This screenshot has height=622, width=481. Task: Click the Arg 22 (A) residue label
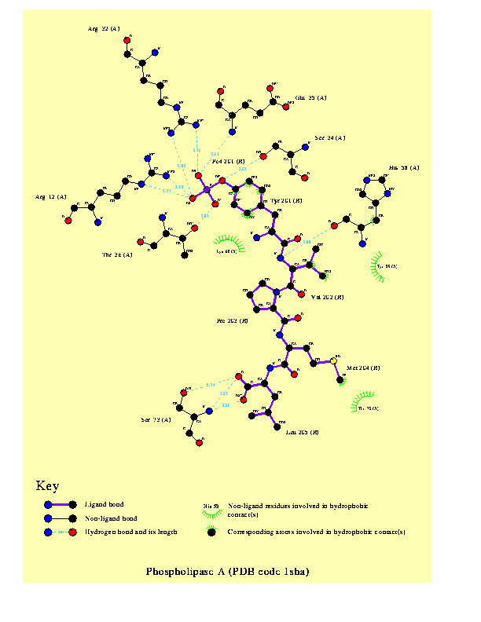coord(104,29)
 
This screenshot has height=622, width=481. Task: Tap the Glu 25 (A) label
coord(310,98)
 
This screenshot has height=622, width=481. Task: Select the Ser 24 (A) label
coord(330,138)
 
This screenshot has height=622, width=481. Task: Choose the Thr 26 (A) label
coord(117,254)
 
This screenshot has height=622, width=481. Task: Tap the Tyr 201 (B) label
coord(286,201)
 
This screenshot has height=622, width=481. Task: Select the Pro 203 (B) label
coord(233,321)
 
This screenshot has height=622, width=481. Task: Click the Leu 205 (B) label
coord(302,433)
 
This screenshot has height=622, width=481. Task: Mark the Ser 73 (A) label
coord(156,419)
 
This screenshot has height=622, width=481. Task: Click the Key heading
coord(47,486)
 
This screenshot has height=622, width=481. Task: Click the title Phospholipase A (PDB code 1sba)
coord(227,571)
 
